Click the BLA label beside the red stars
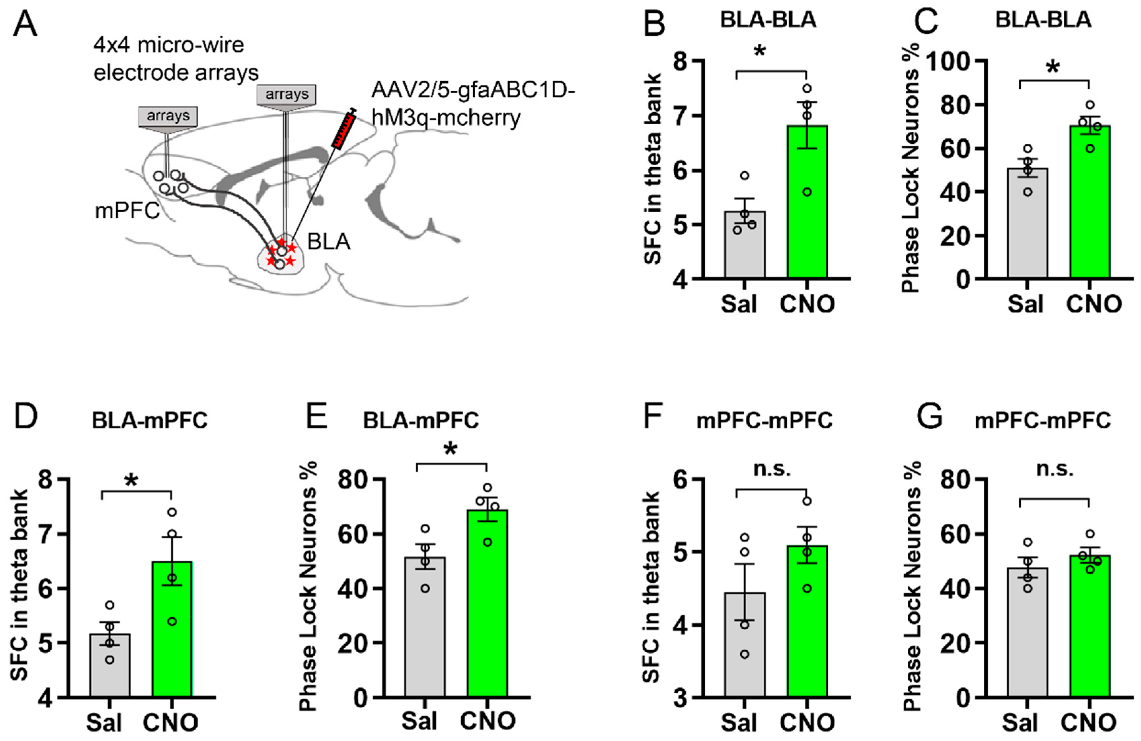[329, 242]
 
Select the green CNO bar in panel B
[807, 201]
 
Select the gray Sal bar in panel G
[1027, 632]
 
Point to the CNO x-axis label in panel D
[171, 722]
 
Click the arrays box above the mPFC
[168, 116]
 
